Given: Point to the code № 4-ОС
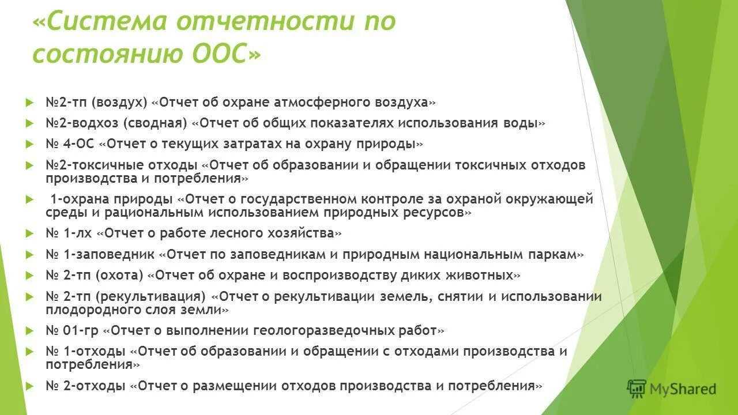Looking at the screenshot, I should coord(70,144).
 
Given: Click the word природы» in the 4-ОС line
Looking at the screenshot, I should coord(392,144).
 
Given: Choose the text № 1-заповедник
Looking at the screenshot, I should coord(100,254).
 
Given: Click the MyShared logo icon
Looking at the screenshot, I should coord(637,389).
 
